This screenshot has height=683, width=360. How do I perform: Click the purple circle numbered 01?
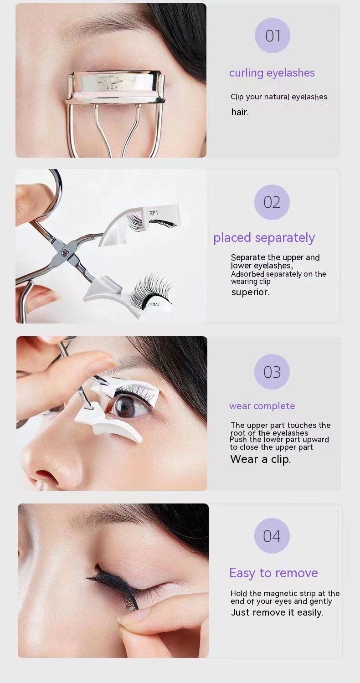272,36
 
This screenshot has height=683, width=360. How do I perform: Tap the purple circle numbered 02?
272,202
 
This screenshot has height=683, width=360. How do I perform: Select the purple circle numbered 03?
272,372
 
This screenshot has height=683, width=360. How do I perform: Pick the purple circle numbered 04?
272,536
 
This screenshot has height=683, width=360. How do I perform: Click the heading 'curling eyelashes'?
272,73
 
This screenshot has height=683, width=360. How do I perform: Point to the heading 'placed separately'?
264,238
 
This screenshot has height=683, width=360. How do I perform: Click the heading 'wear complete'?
262,406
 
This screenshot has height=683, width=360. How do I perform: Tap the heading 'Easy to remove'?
273,573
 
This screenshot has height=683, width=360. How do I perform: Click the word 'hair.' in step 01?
240,112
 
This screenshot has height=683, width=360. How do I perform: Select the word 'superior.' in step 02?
250,292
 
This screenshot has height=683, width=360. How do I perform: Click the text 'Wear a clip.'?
260,459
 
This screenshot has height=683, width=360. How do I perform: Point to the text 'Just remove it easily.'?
277,612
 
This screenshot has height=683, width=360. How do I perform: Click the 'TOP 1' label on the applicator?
154,213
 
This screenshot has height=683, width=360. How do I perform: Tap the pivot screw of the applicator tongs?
65,252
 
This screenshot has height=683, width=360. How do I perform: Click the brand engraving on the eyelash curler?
118,81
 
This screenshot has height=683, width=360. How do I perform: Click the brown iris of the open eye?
126,406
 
